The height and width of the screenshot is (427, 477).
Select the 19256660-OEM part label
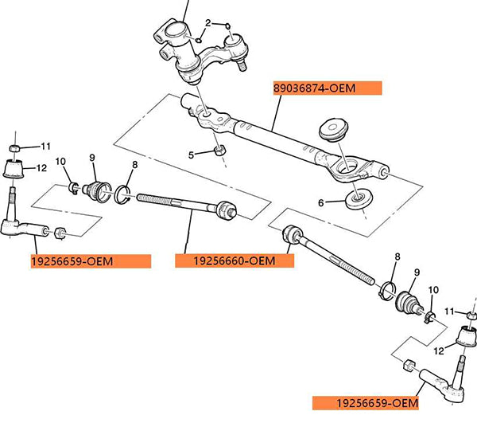235,261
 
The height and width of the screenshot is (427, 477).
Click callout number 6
322,203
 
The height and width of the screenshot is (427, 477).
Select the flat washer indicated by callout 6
359,198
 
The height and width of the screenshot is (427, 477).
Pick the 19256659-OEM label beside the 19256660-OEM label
90,261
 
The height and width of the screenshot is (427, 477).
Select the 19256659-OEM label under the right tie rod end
365,403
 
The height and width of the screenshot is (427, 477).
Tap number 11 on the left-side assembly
45,146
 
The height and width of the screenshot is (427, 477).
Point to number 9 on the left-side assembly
91,157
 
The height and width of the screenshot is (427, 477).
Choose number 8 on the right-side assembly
397,257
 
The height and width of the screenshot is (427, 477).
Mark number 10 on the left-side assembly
60,163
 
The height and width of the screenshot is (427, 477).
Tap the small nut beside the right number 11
470,315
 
